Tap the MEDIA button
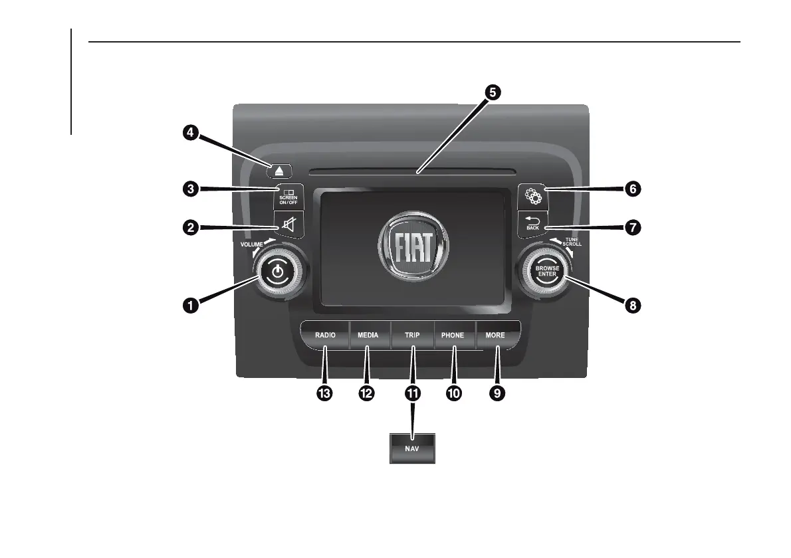pos(368,335)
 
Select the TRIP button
pos(412,335)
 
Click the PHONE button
pos(453,335)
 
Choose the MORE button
pos(495,335)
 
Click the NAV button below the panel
pos(412,449)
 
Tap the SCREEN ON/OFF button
pos(288,197)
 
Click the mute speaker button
pos(289,226)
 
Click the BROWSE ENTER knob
pos(547,272)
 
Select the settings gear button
pos(532,197)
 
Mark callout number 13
pos(324,393)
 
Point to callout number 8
pos(632,306)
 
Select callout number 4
pos(191,133)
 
